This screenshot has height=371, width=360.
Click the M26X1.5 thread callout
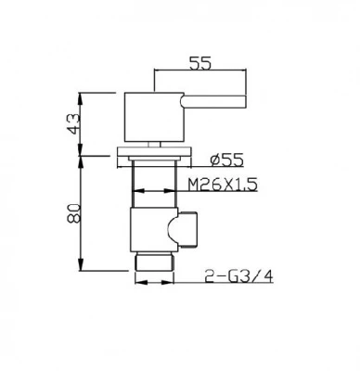coord(221,185)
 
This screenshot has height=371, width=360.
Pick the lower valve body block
coord(148,232)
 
